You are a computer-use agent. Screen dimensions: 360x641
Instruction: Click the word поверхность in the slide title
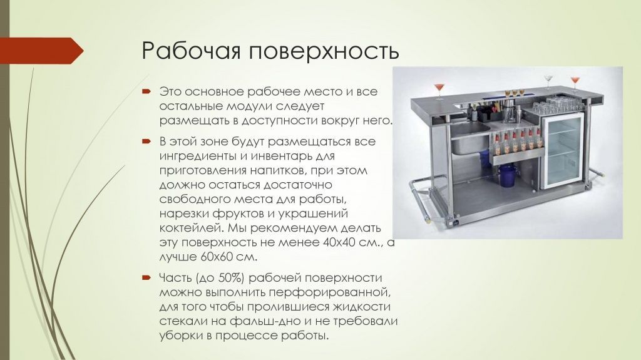coord(323,51)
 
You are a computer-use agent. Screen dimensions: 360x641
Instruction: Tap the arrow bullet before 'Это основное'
coord(146,91)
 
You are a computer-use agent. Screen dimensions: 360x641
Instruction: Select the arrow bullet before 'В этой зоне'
coord(146,141)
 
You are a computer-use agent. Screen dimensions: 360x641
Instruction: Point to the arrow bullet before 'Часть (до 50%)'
coord(146,277)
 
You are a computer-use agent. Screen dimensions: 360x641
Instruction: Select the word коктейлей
coord(188,229)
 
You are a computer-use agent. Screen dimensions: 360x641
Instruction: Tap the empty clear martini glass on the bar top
coord(548,81)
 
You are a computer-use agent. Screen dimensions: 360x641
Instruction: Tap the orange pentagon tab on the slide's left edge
coord(41,51)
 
